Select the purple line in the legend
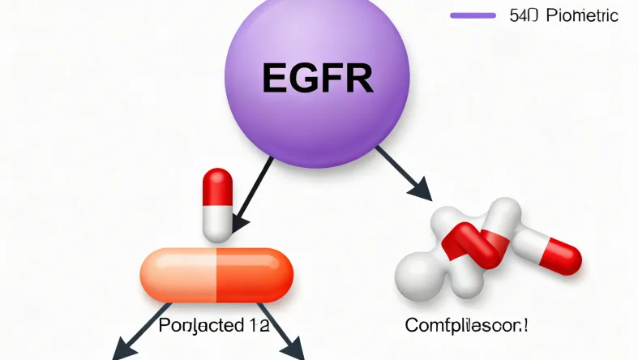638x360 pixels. pos(472,15)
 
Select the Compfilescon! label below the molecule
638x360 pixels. pos(466,327)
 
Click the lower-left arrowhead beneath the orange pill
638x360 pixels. pos(122,350)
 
